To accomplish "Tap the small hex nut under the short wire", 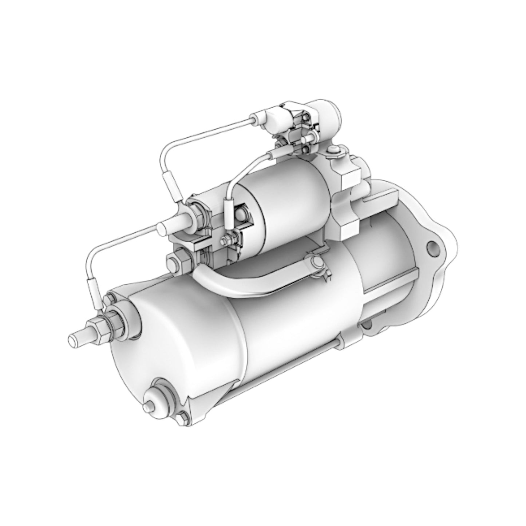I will pos(225,240).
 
